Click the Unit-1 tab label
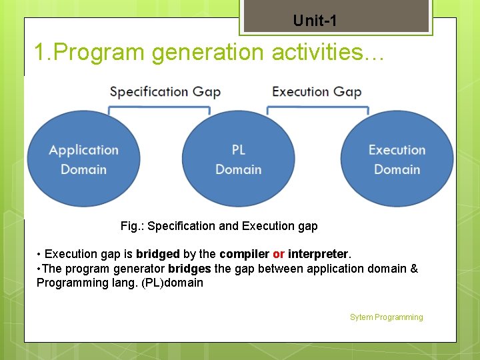[x=315, y=21]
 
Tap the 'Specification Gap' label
[x=165, y=91]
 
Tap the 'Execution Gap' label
[x=317, y=91]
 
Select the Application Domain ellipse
[x=83, y=159]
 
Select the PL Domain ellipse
[x=238, y=159]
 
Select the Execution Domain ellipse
[x=397, y=159]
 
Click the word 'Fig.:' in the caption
[x=132, y=226]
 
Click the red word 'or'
[x=279, y=254]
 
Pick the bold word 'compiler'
[x=244, y=254]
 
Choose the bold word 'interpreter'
[x=318, y=254]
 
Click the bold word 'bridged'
[x=158, y=254]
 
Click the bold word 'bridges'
[x=190, y=269]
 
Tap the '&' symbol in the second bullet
[x=414, y=269]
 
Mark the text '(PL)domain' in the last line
[x=173, y=283]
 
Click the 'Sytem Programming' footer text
[x=386, y=317]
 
